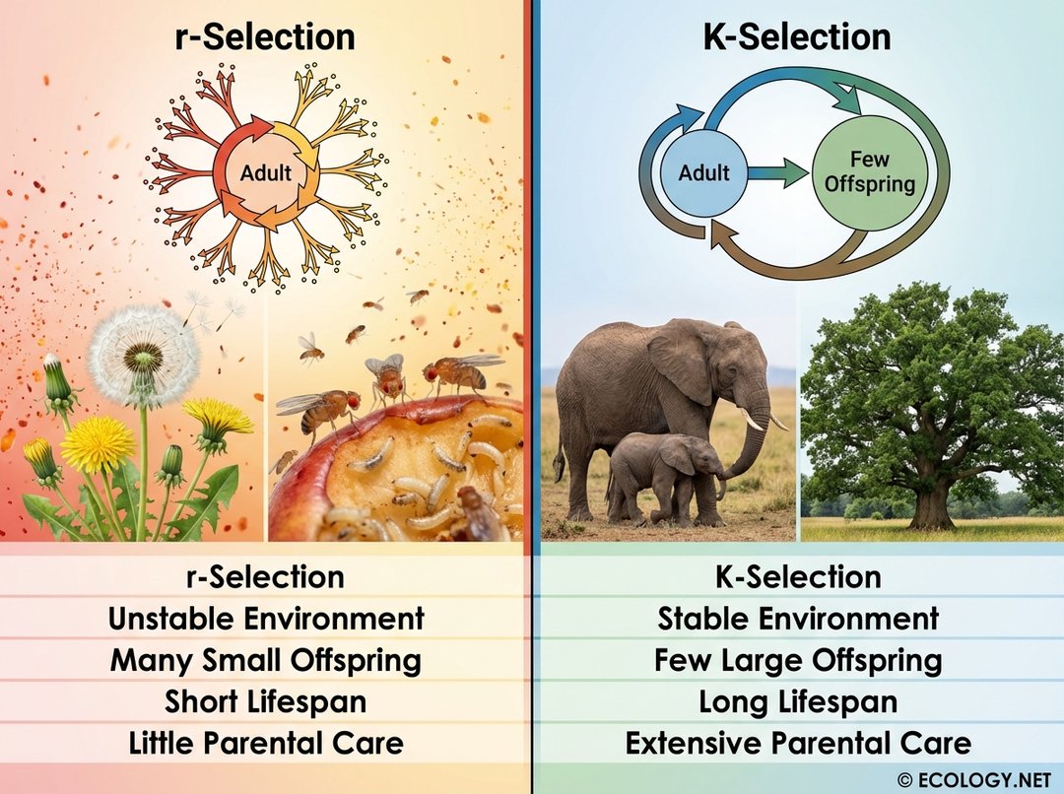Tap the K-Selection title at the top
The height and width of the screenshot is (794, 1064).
[x=797, y=37]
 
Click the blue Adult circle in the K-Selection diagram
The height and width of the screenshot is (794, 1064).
[x=703, y=173]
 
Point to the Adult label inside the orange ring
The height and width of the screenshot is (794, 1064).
[x=266, y=173]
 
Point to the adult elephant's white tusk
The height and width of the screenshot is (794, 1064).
[x=755, y=421]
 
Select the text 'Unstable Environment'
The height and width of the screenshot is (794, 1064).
[x=266, y=619]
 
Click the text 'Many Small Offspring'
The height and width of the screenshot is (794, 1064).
[x=266, y=660]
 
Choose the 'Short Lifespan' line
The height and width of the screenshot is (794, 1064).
[x=266, y=701]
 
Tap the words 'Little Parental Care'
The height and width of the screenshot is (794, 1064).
[x=266, y=743]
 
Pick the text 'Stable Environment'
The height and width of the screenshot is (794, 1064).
[x=798, y=619]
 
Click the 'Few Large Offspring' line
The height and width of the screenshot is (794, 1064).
[x=798, y=660]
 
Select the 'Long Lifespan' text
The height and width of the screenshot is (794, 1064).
[x=798, y=701]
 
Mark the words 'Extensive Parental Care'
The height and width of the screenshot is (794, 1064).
[x=798, y=743]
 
